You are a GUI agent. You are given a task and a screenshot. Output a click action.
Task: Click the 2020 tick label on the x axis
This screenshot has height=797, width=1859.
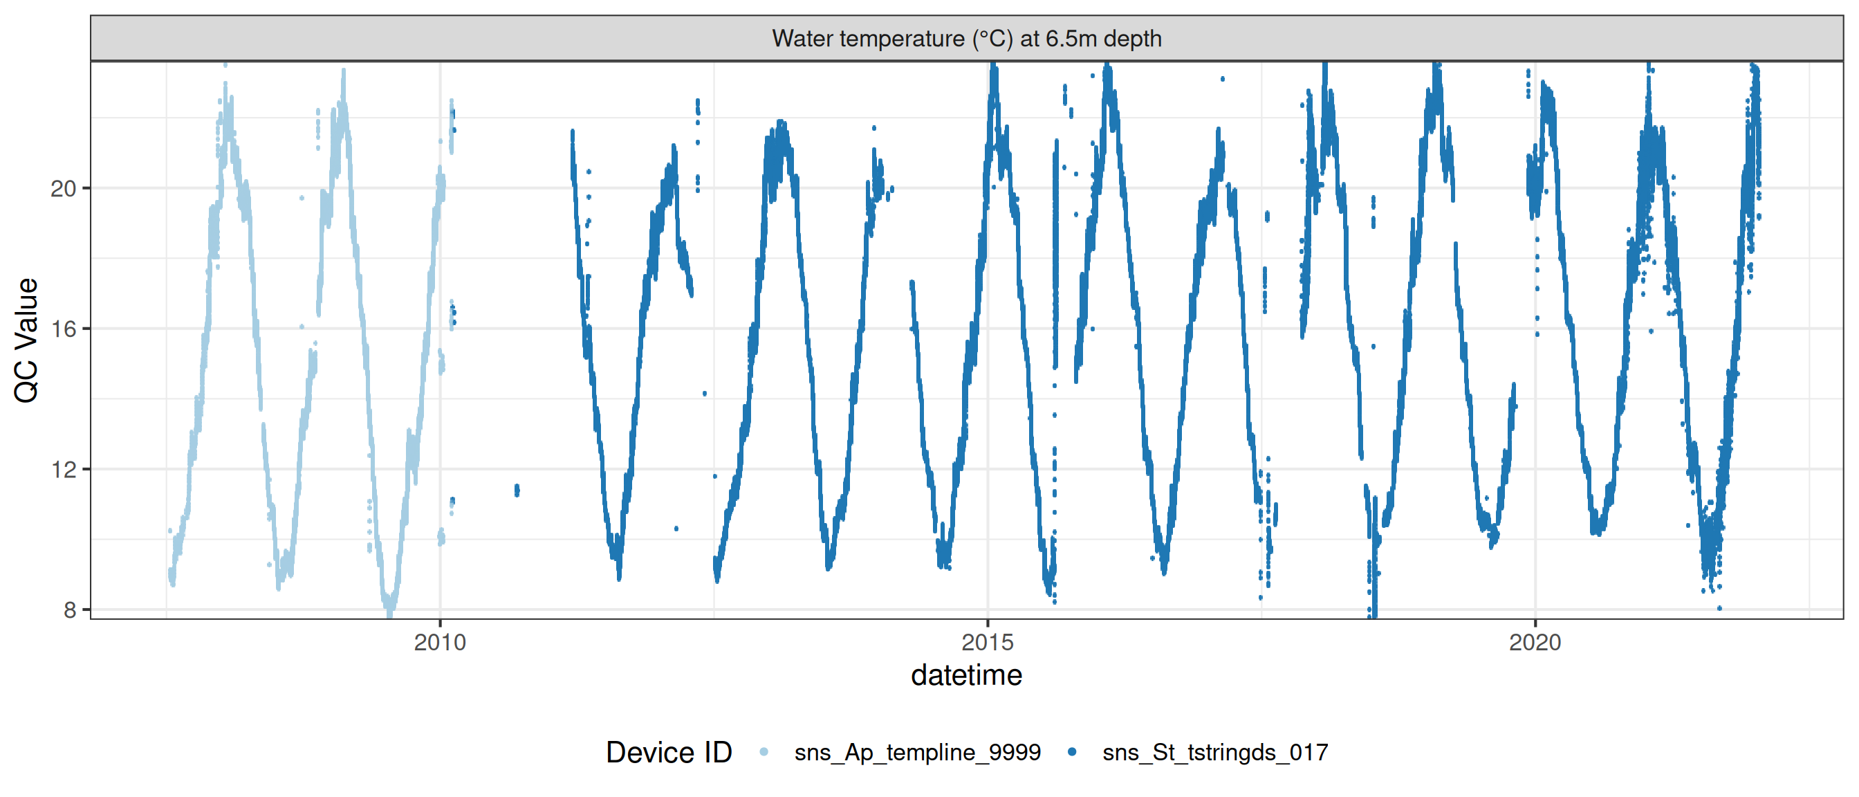(1535, 642)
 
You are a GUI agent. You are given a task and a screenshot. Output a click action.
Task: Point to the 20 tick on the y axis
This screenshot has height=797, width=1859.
(63, 188)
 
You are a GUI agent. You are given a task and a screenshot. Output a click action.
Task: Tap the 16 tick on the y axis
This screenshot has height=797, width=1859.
(63, 329)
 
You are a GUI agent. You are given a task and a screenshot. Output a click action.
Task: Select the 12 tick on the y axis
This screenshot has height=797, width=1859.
(63, 470)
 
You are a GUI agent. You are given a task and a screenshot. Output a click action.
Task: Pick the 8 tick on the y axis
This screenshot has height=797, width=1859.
(69, 610)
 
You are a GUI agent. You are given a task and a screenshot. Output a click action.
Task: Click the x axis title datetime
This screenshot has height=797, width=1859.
(966, 676)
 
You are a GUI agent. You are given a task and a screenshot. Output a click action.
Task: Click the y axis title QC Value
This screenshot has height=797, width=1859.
(27, 340)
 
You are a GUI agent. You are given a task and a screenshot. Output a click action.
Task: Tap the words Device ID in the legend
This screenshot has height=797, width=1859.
(668, 752)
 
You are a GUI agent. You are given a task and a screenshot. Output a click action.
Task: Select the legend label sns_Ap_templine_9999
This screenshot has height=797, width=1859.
(917, 752)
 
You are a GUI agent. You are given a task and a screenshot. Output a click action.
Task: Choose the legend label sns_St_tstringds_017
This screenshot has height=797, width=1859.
(1215, 752)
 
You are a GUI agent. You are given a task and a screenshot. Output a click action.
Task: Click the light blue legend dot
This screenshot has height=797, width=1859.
(764, 752)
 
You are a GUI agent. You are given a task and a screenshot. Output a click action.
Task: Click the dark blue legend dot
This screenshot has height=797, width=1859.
(1073, 752)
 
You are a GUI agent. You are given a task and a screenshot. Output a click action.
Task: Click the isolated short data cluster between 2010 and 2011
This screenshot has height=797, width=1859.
(517, 491)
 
